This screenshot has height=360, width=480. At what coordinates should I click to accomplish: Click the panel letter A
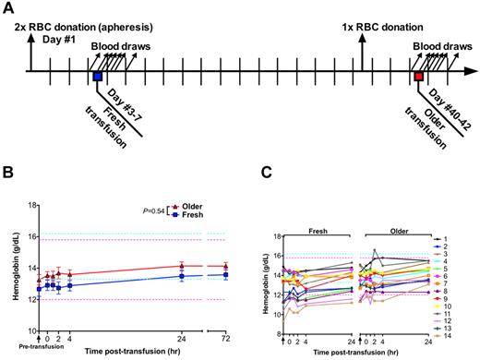tap(8, 7)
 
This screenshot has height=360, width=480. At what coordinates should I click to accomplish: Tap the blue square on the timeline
tap(97, 77)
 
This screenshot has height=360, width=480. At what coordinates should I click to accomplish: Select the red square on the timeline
tap(418, 77)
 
